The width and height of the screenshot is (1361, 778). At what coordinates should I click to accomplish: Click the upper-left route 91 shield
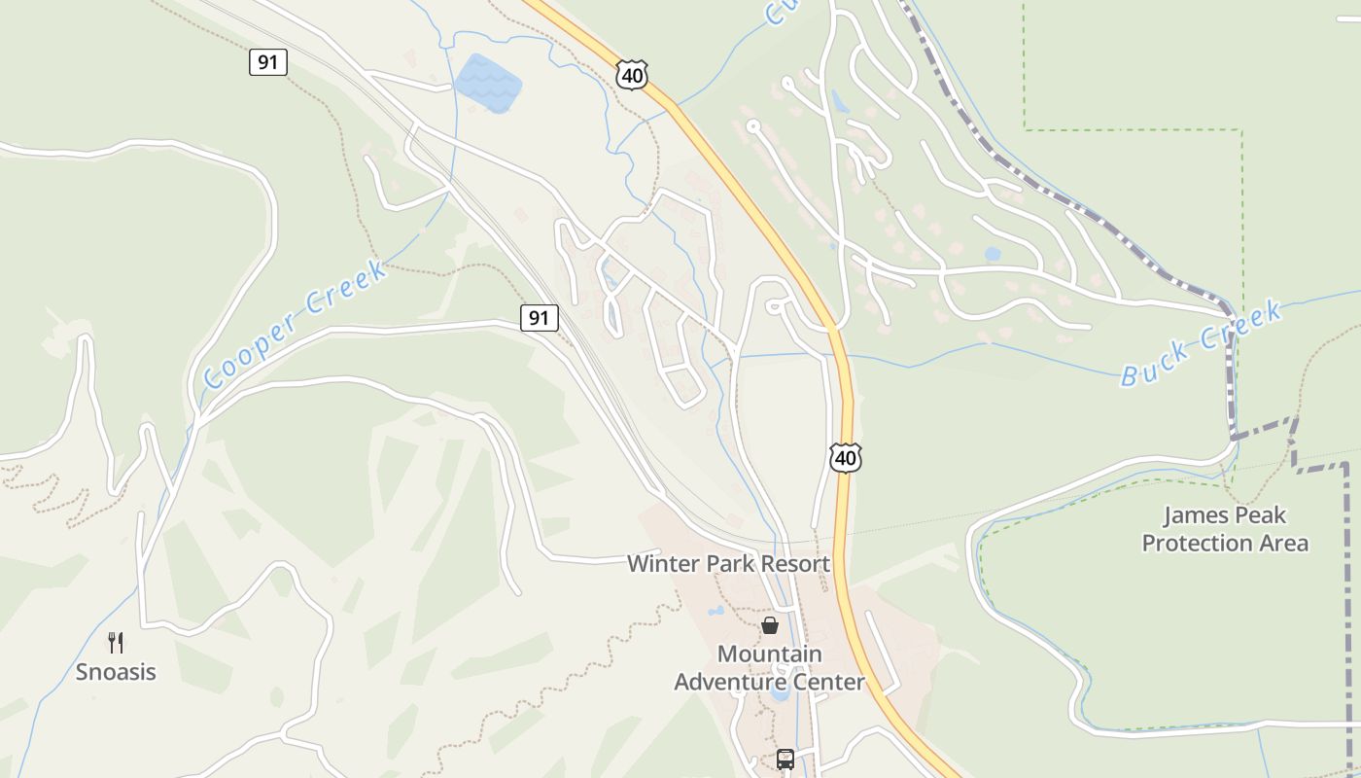pyautogui.click(x=268, y=62)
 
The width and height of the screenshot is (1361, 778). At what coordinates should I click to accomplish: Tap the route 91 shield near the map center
pyautogui.click(x=539, y=317)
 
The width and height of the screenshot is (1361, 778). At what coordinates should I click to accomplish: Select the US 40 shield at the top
pyautogui.click(x=631, y=75)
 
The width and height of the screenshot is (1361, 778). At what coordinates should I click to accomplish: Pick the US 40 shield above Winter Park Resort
pyautogui.click(x=846, y=457)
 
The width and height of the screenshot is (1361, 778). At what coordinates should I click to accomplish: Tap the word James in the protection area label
pyautogui.click(x=1191, y=515)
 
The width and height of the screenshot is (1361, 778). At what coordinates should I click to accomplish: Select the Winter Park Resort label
pyautogui.click(x=728, y=564)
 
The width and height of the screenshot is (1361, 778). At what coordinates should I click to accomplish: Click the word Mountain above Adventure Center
pyautogui.click(x=769, y=654)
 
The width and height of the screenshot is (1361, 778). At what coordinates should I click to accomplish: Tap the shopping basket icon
pyautogui.click(x=770, y=625)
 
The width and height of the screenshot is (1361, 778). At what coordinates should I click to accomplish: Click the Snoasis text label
pyautogui.click(x=116, y=672)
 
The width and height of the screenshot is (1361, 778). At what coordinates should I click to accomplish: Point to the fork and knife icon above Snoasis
pyautogui.click(x=116, y=642)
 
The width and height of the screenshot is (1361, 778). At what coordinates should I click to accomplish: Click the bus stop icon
pyautogui.click(x=785, y=760)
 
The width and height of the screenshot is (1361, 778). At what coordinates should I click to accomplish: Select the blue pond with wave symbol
pyautogui.click(x=488, y=82)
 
